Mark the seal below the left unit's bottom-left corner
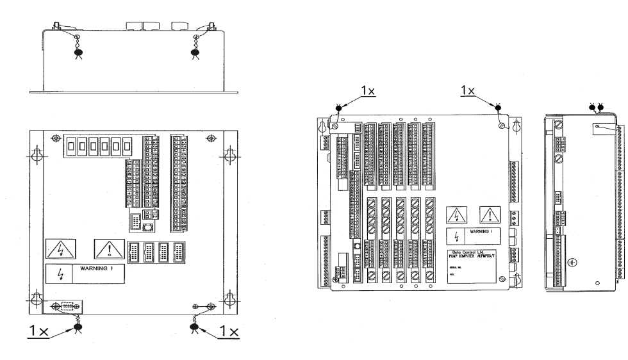(78, 327)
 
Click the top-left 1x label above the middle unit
(368, 91)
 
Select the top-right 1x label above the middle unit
(468, 91)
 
